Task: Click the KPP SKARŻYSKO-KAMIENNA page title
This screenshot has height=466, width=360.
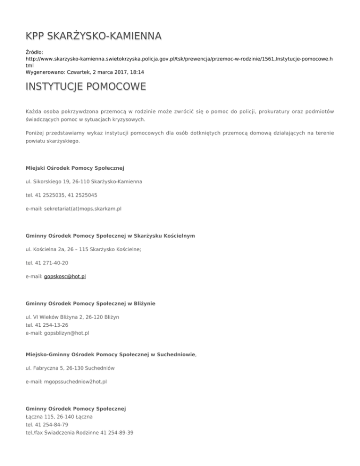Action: (x=94, y=36)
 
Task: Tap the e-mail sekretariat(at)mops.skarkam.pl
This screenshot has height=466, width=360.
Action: (x=74, y=208)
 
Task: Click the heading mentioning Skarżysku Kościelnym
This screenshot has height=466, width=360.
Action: (x=111, y=235)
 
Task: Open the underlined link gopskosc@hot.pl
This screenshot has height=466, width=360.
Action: (x=65, y=277)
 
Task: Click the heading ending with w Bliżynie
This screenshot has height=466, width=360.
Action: (x=90, y=304)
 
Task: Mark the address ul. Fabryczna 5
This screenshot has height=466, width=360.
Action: (x=71, y=368)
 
